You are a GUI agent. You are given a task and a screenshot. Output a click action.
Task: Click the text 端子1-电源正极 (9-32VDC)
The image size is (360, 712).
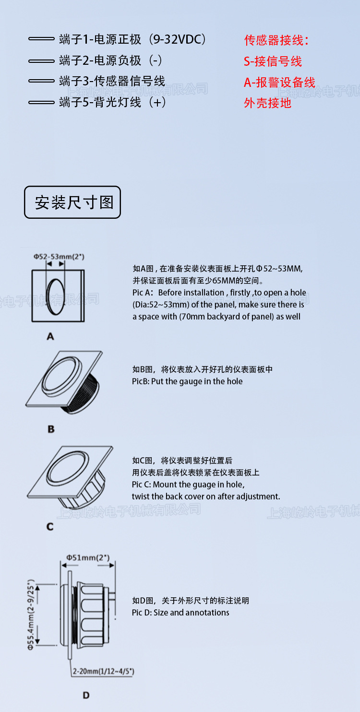tap(132, 39)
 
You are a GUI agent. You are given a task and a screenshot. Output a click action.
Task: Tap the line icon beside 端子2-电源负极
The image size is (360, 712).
tap(41, 61)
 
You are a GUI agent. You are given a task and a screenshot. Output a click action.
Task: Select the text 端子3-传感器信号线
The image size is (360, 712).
tap(112, 81)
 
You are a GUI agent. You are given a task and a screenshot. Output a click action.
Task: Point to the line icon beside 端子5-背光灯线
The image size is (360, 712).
tap(41, 102)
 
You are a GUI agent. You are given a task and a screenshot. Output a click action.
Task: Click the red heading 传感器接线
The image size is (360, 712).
tap(276, 40)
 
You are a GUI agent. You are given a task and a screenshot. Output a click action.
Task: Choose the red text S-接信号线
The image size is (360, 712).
tap(273, 61)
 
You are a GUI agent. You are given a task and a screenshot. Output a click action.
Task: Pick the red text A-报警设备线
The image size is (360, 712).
tap(279, 83)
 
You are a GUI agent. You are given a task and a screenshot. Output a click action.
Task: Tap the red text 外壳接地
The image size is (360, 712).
tap(267, 103)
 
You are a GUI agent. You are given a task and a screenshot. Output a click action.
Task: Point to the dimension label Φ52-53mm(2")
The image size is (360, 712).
tap(59, 257)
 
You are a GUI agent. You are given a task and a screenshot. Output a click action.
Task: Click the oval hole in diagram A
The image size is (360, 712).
tap(57, 296)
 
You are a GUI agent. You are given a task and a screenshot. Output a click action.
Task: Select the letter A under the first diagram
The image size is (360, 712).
tap(50, 337)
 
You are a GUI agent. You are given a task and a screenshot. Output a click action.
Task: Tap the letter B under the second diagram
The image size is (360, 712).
tap(51, 429)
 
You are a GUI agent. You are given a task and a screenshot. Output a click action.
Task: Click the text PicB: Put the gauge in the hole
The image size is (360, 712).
tap(187, 381)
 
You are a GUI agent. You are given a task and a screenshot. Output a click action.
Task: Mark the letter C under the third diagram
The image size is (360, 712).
tap(50, 527)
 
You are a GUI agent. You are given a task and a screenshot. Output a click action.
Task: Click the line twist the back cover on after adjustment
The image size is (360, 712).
tap(206, 497)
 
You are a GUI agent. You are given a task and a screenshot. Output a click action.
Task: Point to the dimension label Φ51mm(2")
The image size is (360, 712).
tap(88, 558)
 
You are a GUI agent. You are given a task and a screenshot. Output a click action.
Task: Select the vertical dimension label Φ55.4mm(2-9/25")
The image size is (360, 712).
tap(31, 615)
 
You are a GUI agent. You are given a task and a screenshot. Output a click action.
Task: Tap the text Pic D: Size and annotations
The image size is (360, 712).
tap(180, 613)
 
